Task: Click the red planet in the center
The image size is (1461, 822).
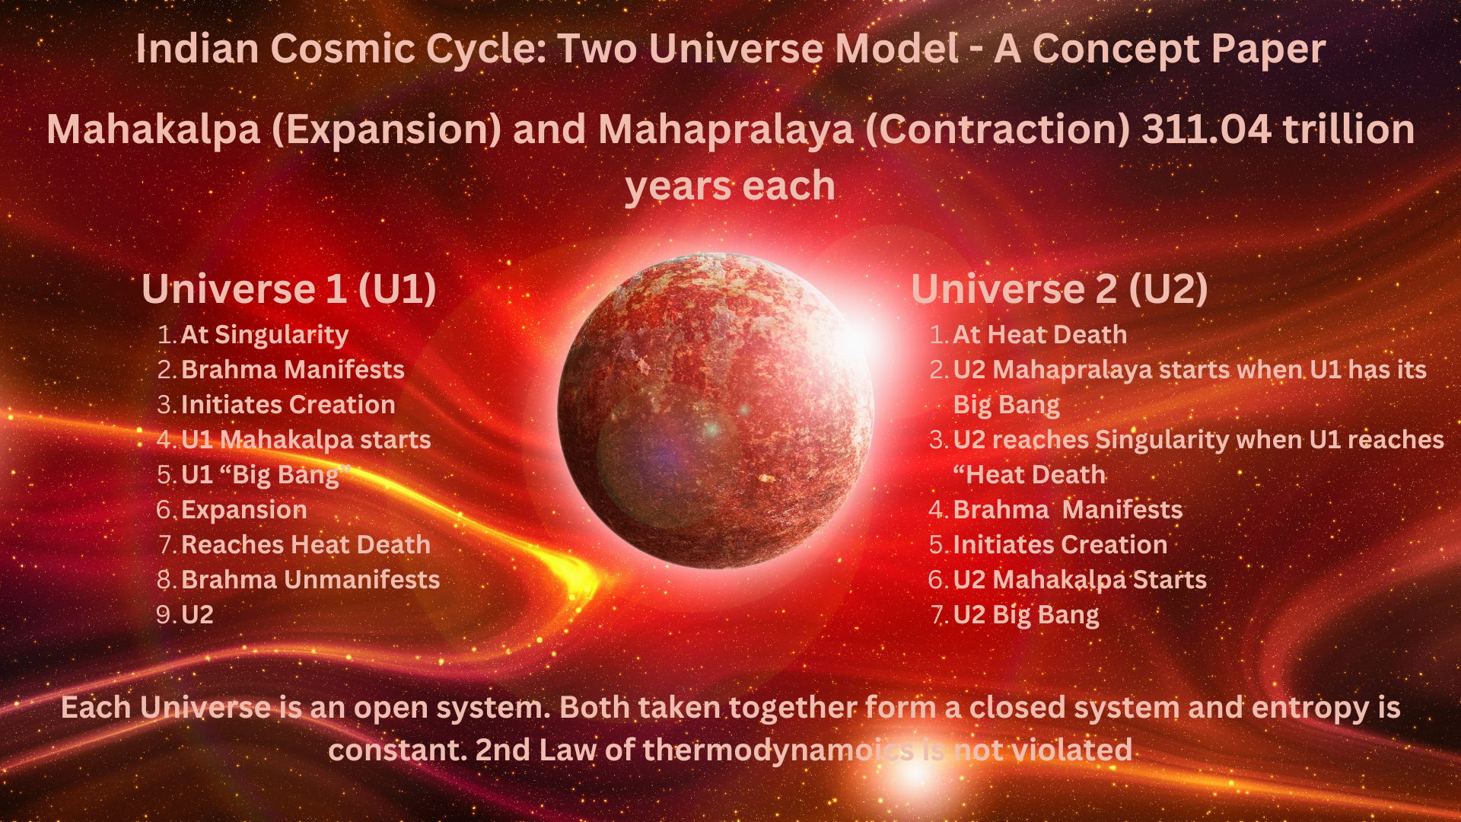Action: tap(715, 411)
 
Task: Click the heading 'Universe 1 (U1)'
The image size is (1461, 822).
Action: tap(289, 289)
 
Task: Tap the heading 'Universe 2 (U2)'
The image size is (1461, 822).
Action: tap(1059, 289)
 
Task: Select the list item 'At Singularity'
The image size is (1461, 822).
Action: tap(265, 335)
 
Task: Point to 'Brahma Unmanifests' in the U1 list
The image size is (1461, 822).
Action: tap(310, 580)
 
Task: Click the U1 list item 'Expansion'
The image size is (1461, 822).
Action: tap(244, 510)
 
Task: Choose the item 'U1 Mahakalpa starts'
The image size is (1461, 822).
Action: tap(306, 440)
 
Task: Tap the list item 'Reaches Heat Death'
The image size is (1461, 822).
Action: tap(306, 545)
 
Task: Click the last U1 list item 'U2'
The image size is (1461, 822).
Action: tap(197, 615)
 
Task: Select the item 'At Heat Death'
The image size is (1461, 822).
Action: tap(1039, 335)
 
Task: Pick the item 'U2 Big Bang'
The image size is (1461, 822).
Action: tap(1026, 615)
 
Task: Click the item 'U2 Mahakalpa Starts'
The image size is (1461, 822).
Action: tap(1080, 580)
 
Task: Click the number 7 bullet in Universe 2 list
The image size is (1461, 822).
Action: tap(937, 615)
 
